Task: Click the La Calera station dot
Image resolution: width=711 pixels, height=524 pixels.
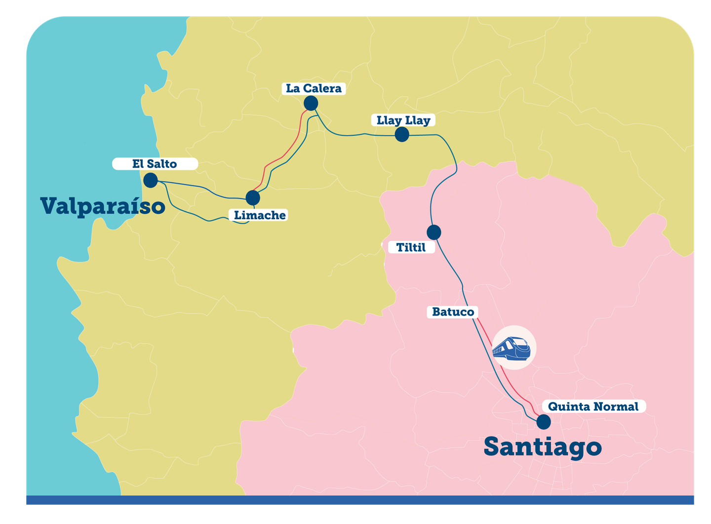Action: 311,103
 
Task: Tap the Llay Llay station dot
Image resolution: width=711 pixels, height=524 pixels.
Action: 402,134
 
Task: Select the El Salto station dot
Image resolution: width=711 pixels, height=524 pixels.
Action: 151,180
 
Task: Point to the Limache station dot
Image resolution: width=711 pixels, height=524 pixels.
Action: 253,198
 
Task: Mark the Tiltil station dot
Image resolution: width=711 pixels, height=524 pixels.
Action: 434,232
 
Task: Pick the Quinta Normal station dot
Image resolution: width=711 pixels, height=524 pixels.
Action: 544,422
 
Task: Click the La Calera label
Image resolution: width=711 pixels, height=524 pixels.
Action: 314,89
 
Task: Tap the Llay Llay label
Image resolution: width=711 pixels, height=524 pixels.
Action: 403,121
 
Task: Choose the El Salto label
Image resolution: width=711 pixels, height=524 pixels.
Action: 155,164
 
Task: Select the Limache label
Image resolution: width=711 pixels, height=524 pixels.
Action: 260,215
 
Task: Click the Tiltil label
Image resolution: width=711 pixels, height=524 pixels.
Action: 411,247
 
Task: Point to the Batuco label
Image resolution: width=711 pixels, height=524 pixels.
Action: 453,312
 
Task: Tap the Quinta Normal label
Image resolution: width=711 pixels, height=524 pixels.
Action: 593,406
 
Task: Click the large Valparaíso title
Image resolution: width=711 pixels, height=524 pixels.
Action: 103,206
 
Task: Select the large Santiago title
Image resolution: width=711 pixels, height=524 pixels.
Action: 543,446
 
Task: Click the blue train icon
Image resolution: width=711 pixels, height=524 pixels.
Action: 512,347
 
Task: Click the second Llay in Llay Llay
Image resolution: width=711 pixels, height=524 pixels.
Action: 418,121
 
